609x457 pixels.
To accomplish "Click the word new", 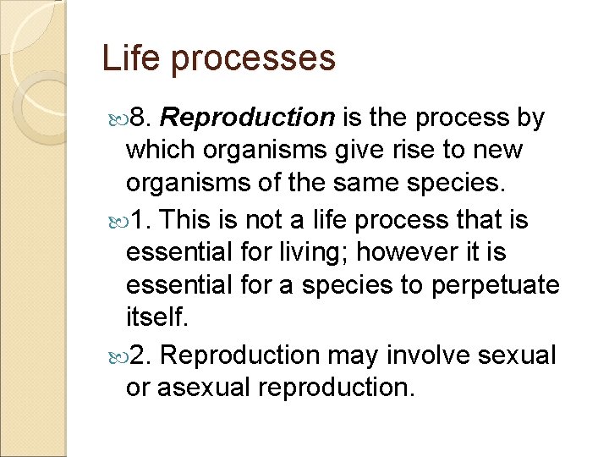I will click(x=499, y=151).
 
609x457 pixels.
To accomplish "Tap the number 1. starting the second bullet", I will click(x=141, y=219).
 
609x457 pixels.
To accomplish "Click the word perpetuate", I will click(x=495, y=285).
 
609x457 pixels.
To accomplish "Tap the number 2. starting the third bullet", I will click(x=142, y=354).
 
